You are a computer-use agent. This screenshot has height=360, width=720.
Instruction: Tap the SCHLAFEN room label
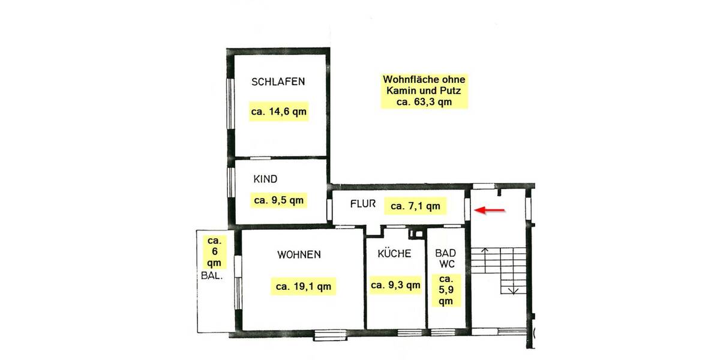tap(278, 82)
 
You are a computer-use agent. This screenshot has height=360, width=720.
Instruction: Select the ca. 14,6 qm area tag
tap(278, 112)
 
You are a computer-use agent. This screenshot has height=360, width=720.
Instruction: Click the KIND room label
tap(265, 179)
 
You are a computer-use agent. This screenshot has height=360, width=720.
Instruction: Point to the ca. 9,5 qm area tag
tap(278, 200)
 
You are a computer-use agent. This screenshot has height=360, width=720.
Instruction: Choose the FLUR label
tap(363, 204)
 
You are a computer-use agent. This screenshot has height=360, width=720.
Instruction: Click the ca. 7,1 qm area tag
tap(415, 206)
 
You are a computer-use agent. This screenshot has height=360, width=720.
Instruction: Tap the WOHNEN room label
tap(299, 254)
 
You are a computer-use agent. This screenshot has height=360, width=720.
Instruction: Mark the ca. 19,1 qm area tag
tap(304, 286)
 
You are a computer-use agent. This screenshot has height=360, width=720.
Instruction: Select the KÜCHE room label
tap(394, 254)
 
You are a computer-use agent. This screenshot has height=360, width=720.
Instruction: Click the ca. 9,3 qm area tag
tap(395, 286)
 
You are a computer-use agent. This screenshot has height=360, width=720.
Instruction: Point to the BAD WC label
tap(445, 259)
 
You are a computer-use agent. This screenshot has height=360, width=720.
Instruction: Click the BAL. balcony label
tap(213, 277)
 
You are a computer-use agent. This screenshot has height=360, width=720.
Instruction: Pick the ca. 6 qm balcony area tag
tap(214, 251)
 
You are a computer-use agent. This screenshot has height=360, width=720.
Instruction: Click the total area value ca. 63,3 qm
tap(424, 102)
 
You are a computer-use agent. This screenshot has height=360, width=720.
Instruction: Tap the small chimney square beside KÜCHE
tap(414, 234)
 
